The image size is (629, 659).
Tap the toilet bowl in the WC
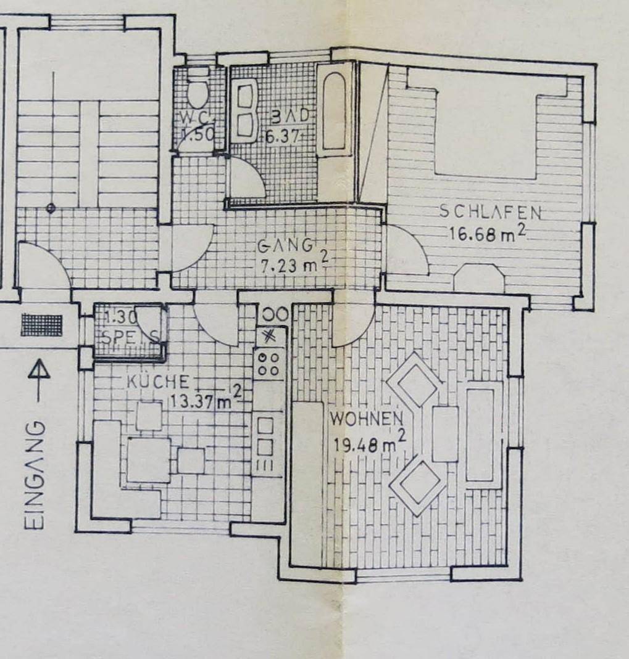pyautogui.click(x=198, y=91)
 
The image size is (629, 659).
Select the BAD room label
pyautogui.click(x=285, y=117)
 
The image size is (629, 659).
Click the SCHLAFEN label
pyautogui.click(x=490, y=212)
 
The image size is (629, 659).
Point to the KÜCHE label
pyautogui.click(x=154, y=382)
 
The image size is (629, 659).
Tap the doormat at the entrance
pyautogui.click(x=41, y=325)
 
